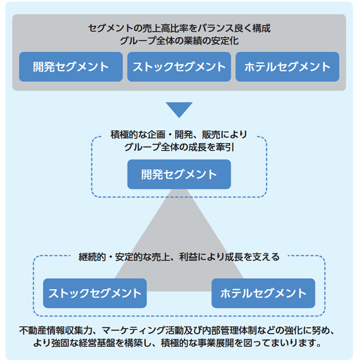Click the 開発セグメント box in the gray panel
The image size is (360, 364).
coord(71,67)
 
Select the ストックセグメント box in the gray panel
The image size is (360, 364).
coord(179,67)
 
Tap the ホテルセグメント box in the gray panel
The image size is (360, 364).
coord(287,67)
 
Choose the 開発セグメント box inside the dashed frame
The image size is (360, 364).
coord(179,174)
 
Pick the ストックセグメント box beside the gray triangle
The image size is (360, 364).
coord(95,293)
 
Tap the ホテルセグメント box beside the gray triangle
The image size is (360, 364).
coord(263,293)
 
